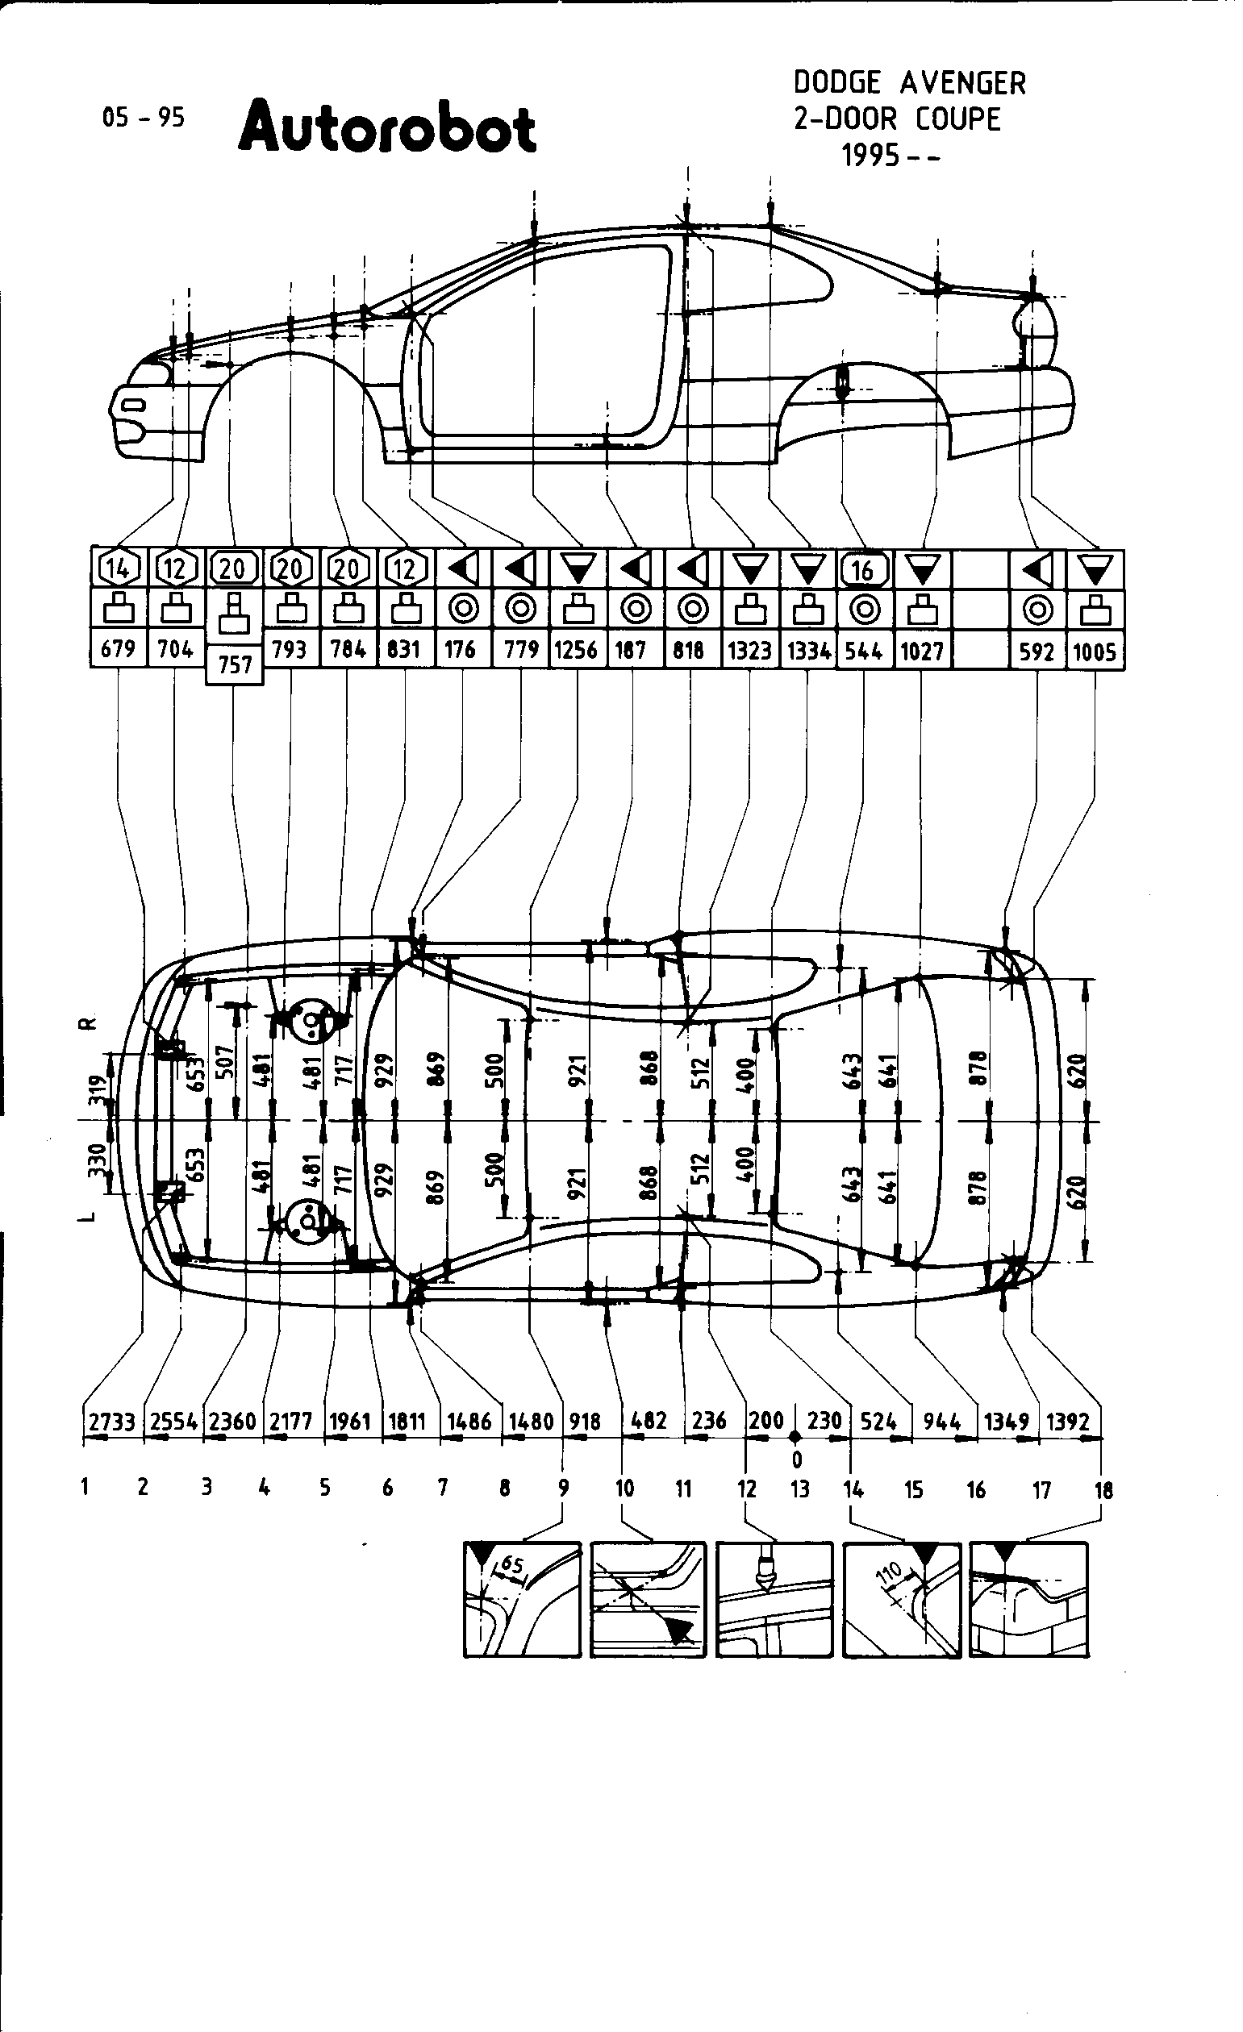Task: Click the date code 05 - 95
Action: pos(143,118)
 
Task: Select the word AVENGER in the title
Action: pos(961,83)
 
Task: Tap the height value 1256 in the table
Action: pos(576,651)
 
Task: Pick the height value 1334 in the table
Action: pos(808,651)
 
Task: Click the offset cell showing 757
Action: pos(235,664)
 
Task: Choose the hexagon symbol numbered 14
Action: pos(118,568)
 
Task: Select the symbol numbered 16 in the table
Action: pos(863,569)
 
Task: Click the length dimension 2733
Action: pos(112,1422)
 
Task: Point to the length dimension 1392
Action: pos(1068,1422)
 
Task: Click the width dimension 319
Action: pos(98,1089)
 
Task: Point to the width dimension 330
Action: pos(98,1159)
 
